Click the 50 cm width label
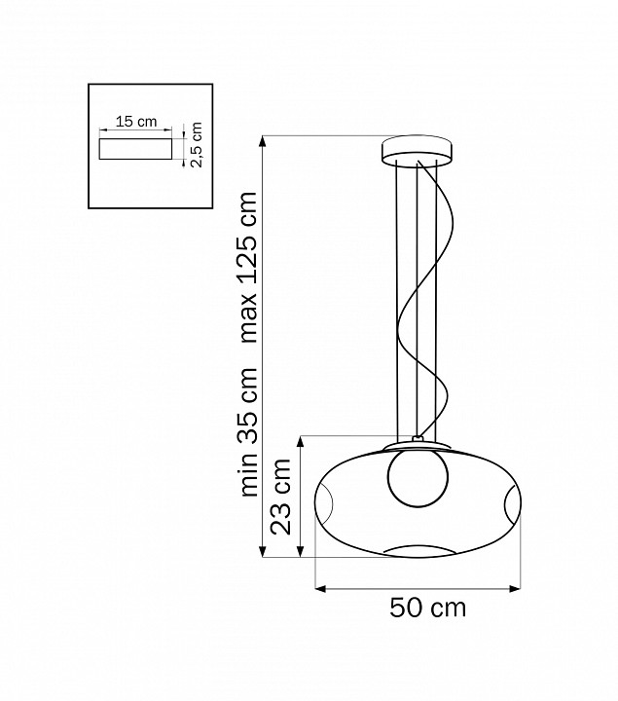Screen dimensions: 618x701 427,608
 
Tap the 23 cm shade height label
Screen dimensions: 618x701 281,497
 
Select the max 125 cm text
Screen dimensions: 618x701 249,268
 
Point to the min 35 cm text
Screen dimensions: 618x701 249,431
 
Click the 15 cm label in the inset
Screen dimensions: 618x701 136,121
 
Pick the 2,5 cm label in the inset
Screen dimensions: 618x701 197,144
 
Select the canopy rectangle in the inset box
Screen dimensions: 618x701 135,148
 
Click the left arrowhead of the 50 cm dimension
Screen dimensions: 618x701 319,588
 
